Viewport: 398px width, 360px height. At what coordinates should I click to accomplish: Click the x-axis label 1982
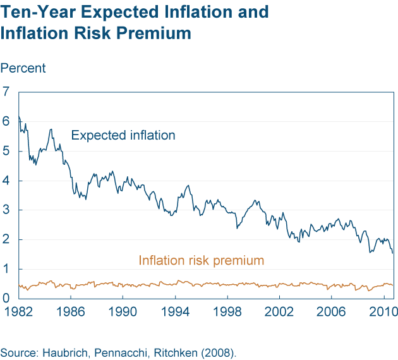(x=17, y=312)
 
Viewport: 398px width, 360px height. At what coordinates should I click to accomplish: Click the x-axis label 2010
(x=378, y=312)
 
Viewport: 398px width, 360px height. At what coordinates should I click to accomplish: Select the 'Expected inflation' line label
(x=123, y=135)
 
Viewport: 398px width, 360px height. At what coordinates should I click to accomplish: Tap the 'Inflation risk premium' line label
(x=201, y=260)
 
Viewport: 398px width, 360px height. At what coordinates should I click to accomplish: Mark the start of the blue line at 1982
(x=19, y=116)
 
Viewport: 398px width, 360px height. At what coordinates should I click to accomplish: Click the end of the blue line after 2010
(x=392, y=253)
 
